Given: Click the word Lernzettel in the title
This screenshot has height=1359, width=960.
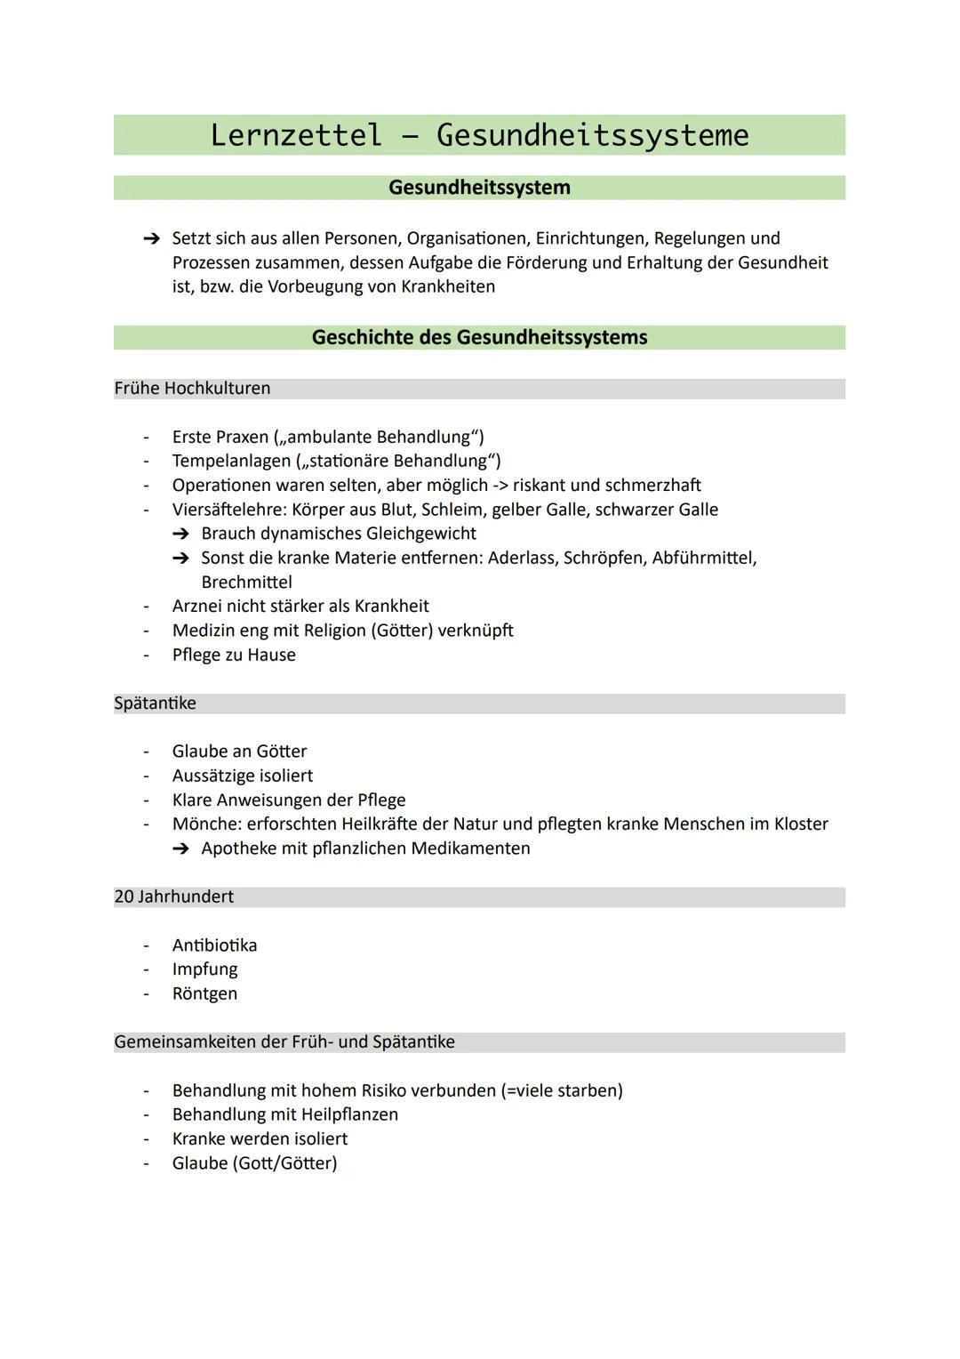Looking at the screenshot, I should coord(296,135).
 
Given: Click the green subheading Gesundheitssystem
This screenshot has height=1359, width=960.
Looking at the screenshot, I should coord(479,188).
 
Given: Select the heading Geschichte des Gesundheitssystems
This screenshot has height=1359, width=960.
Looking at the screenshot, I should coord(479,338).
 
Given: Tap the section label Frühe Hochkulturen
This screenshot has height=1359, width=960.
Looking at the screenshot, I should coord(192,389).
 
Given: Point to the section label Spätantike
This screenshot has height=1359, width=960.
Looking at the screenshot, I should coord(155,704).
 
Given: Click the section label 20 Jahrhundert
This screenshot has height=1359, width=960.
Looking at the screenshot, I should coord(174,897).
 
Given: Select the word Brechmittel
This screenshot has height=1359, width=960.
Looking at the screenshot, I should coord(246,582).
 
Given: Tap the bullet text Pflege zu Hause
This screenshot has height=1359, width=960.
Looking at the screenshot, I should coord(234,655).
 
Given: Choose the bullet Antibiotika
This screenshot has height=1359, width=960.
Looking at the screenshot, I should coord(214,945).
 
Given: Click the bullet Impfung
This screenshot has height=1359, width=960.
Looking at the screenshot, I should coord(204,969).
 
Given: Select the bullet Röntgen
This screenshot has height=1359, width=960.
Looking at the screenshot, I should coord(204,993).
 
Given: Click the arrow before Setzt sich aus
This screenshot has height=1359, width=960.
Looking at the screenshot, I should coord(152,238).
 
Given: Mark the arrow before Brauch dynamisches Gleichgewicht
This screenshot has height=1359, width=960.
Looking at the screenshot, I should coord(181,534).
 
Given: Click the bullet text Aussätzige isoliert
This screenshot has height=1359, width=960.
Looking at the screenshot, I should coord(243,776).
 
